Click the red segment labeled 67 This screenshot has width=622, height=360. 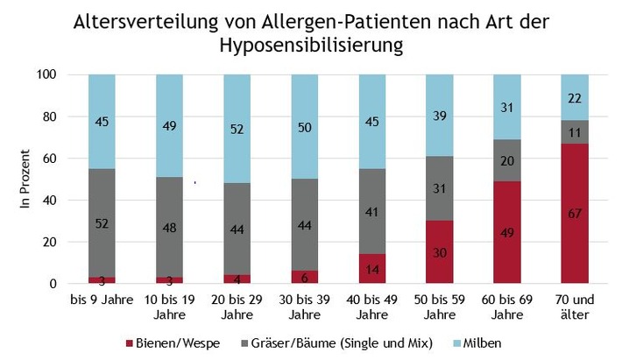574,214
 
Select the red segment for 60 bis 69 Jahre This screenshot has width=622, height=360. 506,232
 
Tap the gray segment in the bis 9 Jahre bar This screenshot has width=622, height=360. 102,222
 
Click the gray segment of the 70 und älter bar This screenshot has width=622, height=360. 574,132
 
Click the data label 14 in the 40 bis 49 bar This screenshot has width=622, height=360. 371,270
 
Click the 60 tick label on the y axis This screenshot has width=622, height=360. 71,159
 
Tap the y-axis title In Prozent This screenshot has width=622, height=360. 25,179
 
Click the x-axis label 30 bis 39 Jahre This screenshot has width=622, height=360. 304,307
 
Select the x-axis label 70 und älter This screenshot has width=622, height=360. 574,307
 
